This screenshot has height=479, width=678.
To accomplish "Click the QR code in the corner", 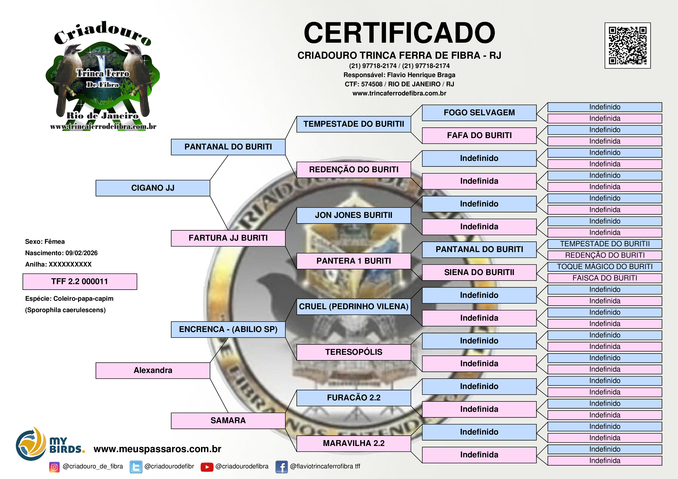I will [x=628, y=45].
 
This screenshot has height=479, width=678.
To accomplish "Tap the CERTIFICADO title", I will [x=399, y=33].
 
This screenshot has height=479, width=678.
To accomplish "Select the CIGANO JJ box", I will [x=153, y=188].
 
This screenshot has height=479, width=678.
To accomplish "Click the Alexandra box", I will [x=153, y=370].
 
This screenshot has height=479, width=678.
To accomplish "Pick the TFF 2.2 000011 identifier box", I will [x=80, y=282].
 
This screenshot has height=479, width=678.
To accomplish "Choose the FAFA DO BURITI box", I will [x=479, y=135].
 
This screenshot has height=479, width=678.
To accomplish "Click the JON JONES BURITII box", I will [x=353, y=215].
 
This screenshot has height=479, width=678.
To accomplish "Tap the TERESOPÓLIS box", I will [x=353, y=352].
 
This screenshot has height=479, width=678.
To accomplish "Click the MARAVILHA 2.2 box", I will [x=353, y=443].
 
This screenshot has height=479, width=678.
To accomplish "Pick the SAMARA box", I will [x=228, y=420].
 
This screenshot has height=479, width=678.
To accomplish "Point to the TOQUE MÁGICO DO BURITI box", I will [x=605, y=267].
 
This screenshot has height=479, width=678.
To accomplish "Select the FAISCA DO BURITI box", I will [x=605, y=278].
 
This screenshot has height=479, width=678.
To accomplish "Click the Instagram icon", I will [x=54, y=467].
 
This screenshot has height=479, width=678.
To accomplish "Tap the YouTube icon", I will [x=207, y=467].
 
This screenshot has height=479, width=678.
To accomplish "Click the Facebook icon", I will [x=281, y=467].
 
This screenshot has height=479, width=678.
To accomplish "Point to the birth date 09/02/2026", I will [x=82, y=253].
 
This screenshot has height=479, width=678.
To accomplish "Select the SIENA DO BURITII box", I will [x=479, y=272].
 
